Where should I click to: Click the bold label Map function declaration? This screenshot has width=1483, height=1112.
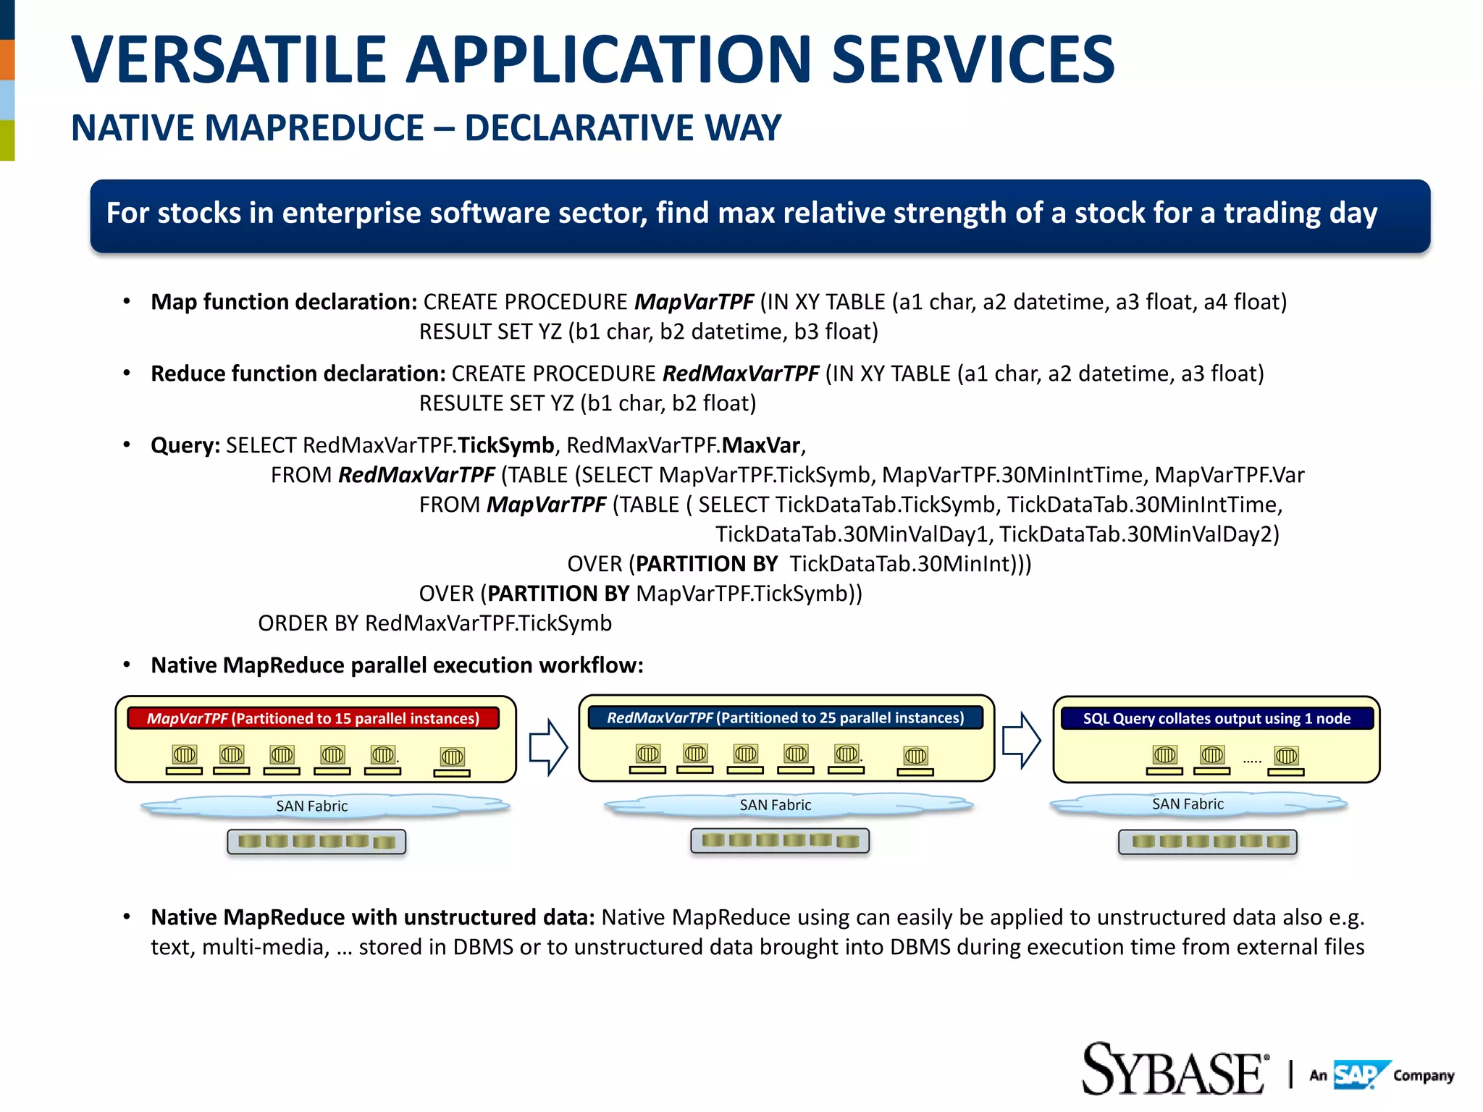(283, 302)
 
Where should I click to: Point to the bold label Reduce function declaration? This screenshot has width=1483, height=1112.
(298, 374)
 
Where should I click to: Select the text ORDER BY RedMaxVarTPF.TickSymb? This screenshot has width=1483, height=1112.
(434, 623)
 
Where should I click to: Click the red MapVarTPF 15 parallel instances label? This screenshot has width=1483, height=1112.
(313, 718)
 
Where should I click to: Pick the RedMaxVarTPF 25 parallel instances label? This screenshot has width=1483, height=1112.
(785, 717)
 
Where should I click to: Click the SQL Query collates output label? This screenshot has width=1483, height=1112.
(1217, 718)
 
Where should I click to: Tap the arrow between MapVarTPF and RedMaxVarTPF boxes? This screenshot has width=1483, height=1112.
(547, 746)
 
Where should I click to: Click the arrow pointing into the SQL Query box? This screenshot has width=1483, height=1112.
(1021, 740)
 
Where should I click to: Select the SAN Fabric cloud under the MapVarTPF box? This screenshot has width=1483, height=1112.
(313, 806)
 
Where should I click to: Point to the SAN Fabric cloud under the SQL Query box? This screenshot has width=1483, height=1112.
(1188, 804)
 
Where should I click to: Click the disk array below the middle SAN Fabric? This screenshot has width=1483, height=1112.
(780, 841)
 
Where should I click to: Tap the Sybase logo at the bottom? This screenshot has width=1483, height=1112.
(1173, 1070)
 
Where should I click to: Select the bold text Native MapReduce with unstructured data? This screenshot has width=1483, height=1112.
(372, 917)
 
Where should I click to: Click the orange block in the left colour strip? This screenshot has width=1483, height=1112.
(7, 59)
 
